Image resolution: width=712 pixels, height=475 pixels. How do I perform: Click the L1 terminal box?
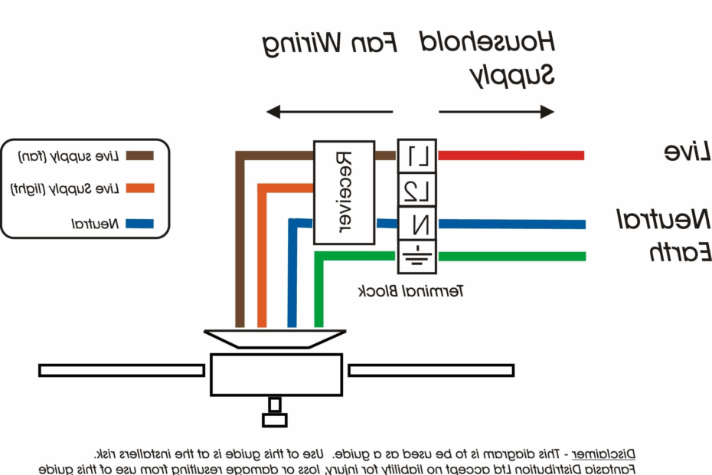[417, 157]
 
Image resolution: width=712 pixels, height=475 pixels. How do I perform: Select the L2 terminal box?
[417, 191]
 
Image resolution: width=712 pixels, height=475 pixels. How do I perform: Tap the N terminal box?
[417, 224]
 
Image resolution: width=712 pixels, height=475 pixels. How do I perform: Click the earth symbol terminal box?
[417, 257]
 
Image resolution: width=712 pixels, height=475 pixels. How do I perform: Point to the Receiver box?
[344, 192]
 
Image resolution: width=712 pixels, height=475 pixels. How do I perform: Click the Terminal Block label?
[410, 291]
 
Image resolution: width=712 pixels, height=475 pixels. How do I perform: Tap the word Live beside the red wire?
[687, 152]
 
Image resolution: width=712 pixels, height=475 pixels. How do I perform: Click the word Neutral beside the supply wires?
[664, 221]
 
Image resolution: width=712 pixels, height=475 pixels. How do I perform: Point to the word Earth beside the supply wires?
[681, 253]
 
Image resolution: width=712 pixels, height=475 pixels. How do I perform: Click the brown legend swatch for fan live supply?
[139, 156]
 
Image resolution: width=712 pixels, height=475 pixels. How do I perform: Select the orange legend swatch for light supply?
[139, 188]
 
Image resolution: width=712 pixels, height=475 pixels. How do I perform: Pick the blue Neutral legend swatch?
[139, 224]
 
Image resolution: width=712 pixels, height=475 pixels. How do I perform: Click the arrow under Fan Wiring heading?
[329, 113]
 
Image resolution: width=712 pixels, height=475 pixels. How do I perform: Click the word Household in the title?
[487, 42]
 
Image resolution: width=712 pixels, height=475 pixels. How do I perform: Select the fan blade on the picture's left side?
[121, 370]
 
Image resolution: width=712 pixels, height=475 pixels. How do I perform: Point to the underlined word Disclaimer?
[603, 453]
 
